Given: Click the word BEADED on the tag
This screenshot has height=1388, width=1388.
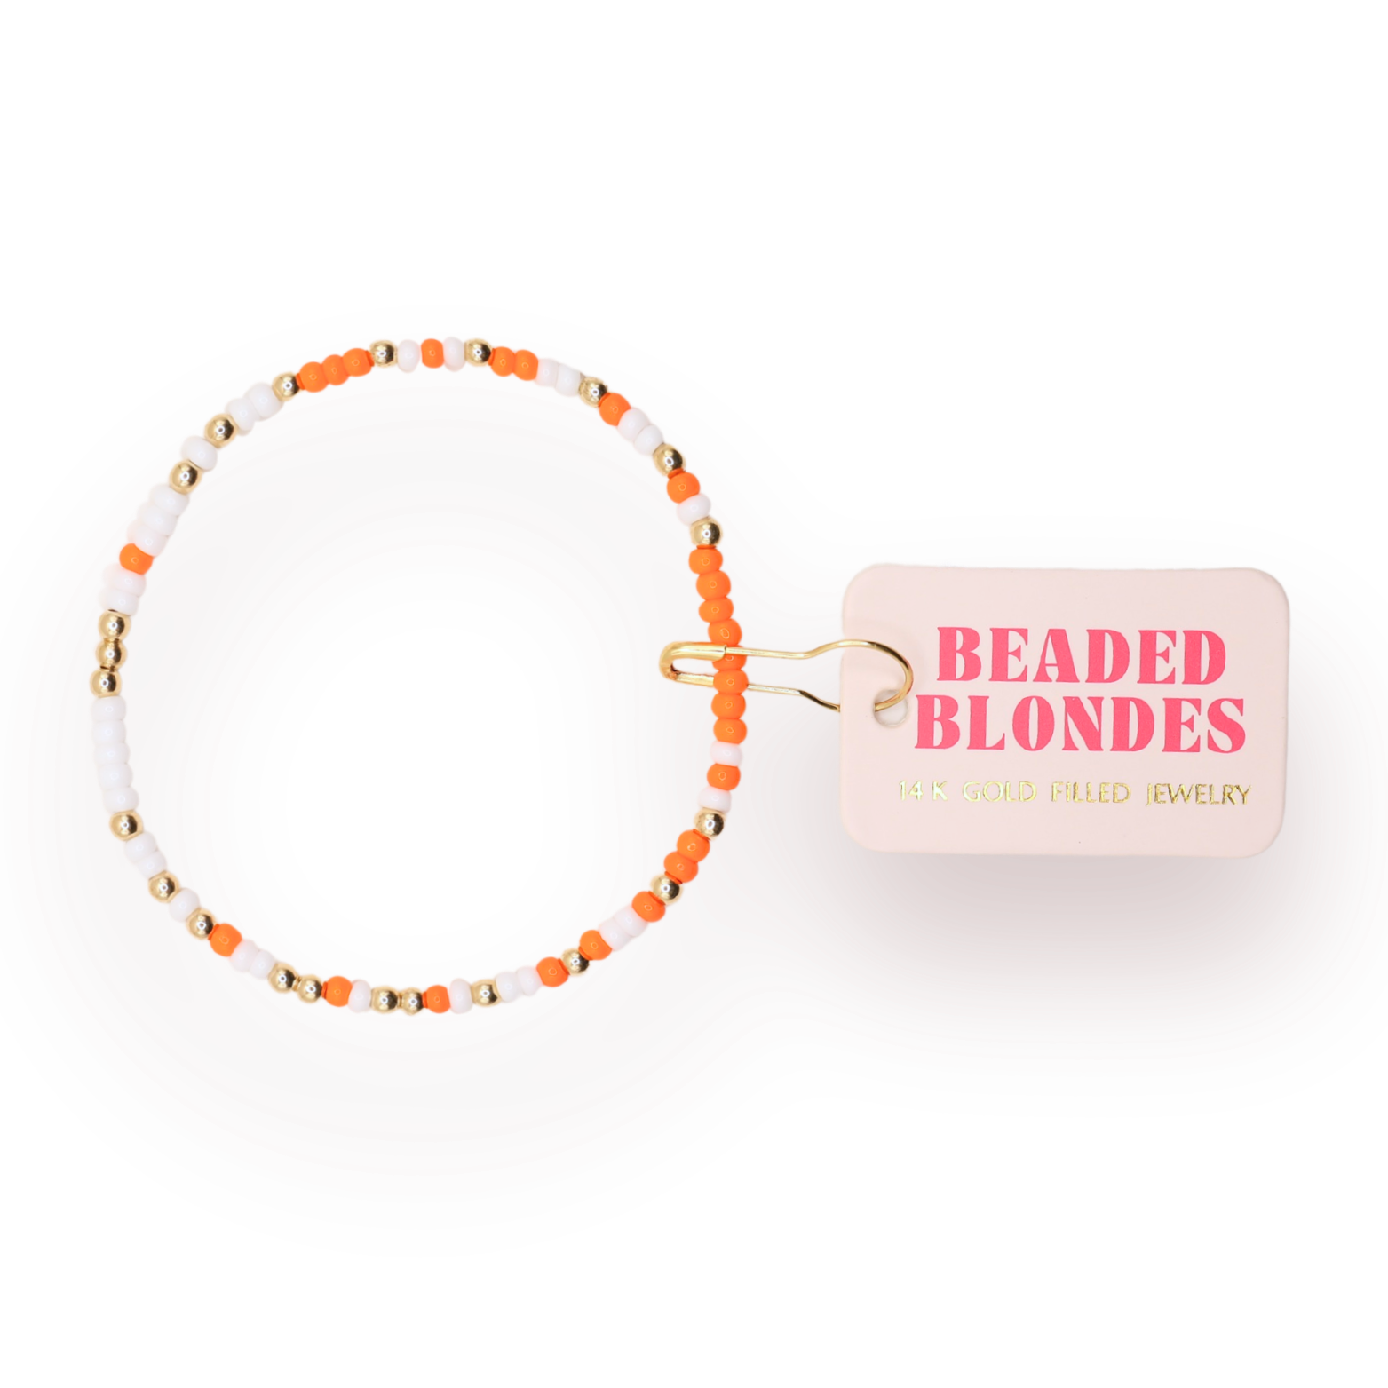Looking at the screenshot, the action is (1081, 656).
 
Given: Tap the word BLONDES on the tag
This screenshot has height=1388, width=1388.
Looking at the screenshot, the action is (1081, 724).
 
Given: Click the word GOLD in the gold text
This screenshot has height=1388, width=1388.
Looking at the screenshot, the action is (999, 791).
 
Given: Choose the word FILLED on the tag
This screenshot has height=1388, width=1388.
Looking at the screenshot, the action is (1090, 792).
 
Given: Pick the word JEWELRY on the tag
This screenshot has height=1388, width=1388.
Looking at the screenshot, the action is (1197, 794).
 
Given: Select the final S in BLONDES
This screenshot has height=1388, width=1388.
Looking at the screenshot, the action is (1226, 725).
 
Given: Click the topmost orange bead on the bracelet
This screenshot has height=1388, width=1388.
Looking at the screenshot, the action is (432, 353).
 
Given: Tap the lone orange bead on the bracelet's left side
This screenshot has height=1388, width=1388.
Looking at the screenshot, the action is (136, 559).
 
